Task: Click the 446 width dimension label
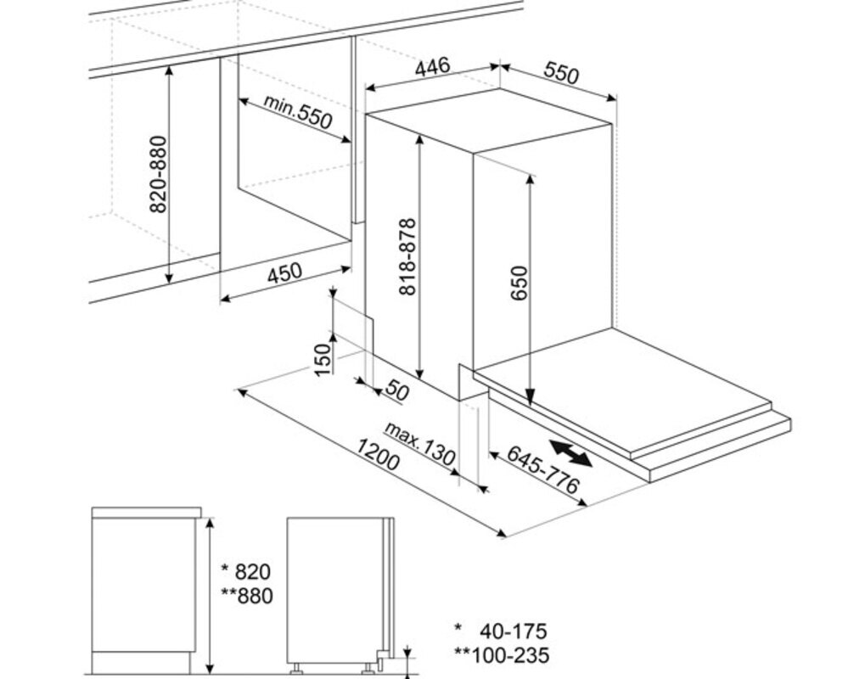[x=432, y=66]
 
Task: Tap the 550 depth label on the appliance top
[x=561, y=73]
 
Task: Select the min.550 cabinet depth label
[x=297, y=112]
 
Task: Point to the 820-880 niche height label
[x=158, y=174]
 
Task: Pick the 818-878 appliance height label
[x=407, y=256]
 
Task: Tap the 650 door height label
[x=519, y=283]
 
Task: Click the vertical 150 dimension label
[x=323, y=360]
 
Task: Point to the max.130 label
[x=419, y=444]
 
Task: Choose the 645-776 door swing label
[x=542, y=469]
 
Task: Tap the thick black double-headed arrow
[x=570, y=453]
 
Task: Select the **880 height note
[x=247, y=596]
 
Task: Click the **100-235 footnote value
[x=502, y=655]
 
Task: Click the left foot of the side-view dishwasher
[x=297, y=670]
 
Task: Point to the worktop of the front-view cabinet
[x=147, y=513]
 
